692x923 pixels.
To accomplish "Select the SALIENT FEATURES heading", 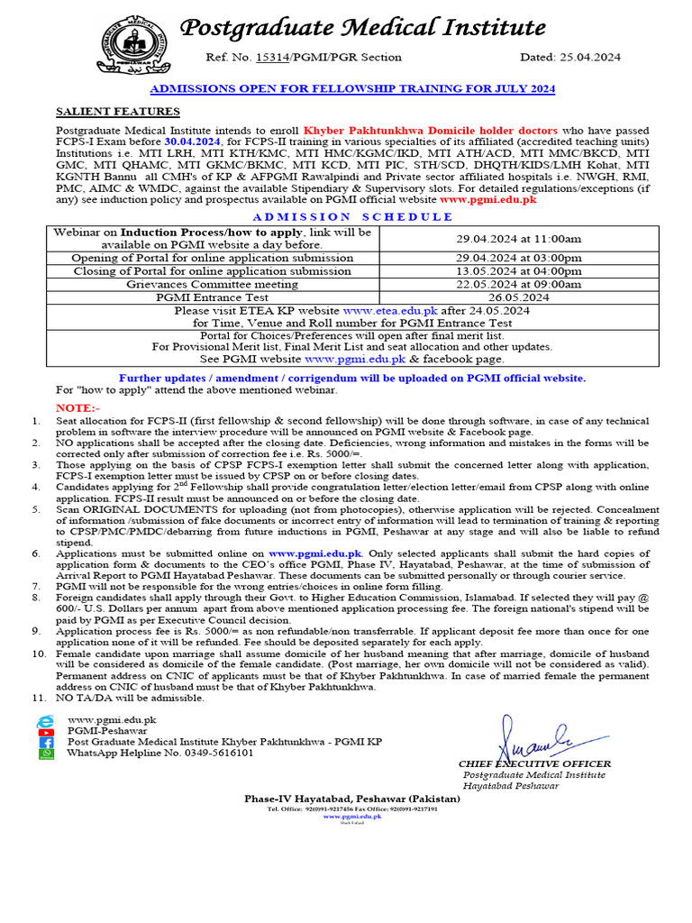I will click(118, 112).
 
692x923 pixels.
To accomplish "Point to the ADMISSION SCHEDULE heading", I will click(351, 216).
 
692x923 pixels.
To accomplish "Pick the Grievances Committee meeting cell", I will click(213, 283).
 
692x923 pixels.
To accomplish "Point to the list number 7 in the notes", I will click(36, 585).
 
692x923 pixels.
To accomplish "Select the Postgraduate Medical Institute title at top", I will click(363, 27).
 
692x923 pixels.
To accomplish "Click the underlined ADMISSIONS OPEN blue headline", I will click(351, 88).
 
